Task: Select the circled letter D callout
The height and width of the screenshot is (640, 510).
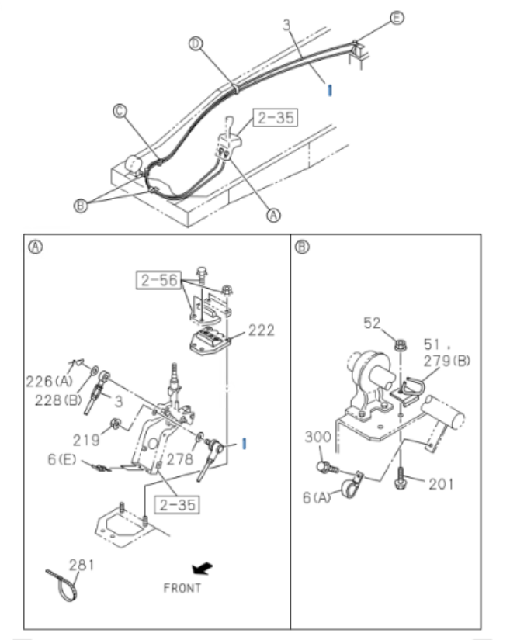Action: pos(197,46)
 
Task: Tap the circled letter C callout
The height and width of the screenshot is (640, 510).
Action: pos(120,112)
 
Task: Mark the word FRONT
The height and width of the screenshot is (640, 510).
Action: pos(182,587)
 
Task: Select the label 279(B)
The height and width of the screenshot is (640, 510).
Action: pos(447,360)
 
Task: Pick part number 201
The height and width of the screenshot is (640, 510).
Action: pos(441,483)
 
